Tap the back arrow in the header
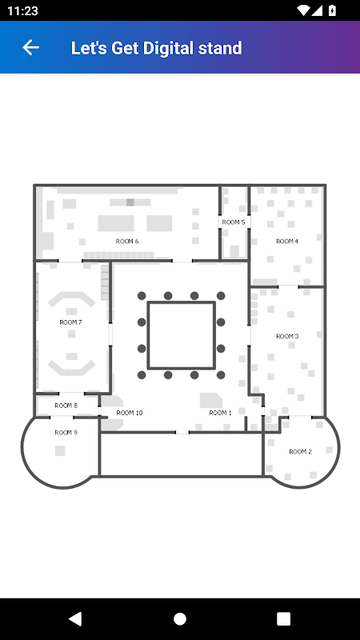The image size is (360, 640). tap(30, 47)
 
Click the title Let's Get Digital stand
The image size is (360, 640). tap(156, 48)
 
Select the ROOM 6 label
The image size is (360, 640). tap(127, 242)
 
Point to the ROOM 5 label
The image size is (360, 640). tap(234, 222)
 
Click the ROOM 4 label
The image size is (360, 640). tap(287, 242)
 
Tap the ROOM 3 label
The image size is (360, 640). tap(287, 336)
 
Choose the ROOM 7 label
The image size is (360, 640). tap(70, 322)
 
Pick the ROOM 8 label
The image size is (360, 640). tap(66, 406)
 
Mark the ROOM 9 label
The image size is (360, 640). tap(66, 433)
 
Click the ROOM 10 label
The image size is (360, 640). tap(130, 413)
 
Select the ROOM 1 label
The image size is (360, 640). tap(221, 413)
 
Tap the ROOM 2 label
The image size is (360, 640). tap(301, 451)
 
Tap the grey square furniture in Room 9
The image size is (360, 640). tap(60, 450)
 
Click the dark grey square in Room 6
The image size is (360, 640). tap(130, 202)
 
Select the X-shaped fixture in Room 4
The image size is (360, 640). tap(281, 213)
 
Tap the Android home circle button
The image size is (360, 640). tap(180, 618)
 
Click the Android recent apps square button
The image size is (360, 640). tap(284, 618)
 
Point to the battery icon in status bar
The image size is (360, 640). tap(332, 10)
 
